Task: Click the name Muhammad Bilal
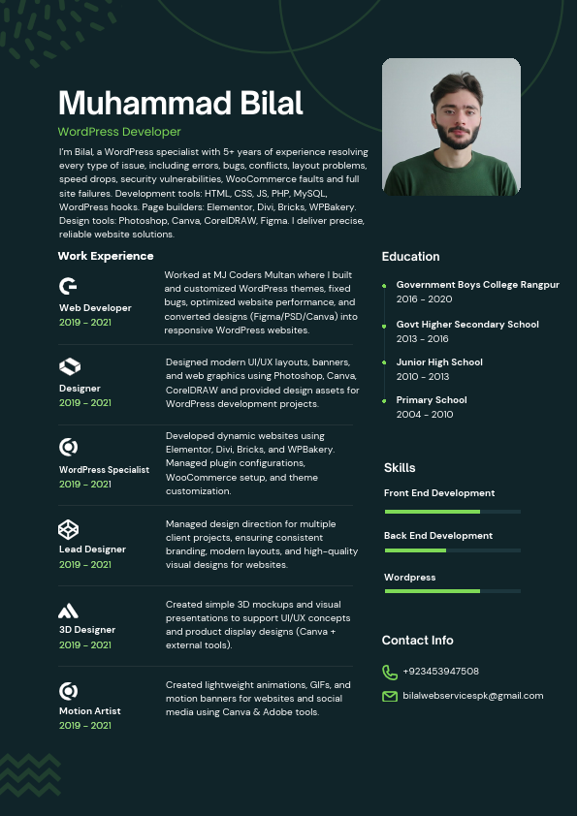pos(180,103)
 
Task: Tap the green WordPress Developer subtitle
pos(119,132)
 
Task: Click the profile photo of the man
pos(451,127)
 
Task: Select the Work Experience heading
pos(106,256)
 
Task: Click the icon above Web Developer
pos(69,286)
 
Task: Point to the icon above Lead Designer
pos(68,528)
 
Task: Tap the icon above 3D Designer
pos(68,611)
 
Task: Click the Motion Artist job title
pos(89,710)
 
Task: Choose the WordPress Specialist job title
pos(104,469)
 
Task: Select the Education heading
pos(410,257)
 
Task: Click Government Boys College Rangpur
pos(477,285)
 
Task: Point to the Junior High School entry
pos(438,361)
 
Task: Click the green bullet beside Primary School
pos(385,399)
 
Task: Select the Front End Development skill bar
pos(452,511)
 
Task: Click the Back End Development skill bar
pos(452,550)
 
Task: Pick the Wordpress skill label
pos(409,577)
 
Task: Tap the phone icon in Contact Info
pos(390,672)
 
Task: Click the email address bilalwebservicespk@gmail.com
pos(472,696)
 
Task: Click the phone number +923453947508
pos(440,671)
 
